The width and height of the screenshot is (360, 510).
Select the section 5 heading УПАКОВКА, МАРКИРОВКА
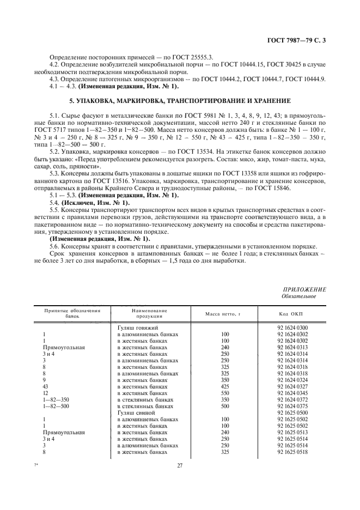click(x=180, y=101)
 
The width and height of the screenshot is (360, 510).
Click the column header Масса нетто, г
click(x=223, y=314)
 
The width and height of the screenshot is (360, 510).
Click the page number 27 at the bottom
click(x=180, y=465)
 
